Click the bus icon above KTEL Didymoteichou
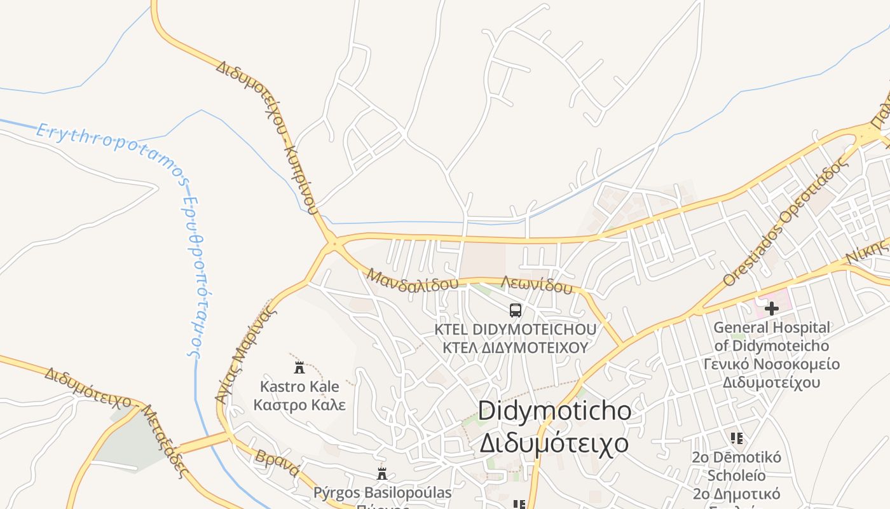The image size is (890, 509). click(x=516, y=310)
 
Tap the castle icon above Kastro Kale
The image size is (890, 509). click(x=299, y=367)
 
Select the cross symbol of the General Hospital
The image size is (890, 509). click(x=772, y=309)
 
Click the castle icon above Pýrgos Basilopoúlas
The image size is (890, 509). click(x=382, y=474)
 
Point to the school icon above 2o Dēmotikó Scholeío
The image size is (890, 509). click(x=737, y=438)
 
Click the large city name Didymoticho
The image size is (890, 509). click(x=554, y=411)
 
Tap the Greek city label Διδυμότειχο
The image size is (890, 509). click(x=554, y=443)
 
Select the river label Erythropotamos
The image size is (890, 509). click(x=112, y=151)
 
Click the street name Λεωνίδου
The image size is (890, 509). click(x=537, y=285)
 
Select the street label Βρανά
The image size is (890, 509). click(x=277, y=463)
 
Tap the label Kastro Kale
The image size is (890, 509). click(x=299, y=387)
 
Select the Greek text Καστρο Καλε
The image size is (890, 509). click(x=299, y=405)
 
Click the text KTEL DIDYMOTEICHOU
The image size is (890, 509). click(x=516, y=330)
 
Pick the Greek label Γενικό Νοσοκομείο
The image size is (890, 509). click(x=771, y=365)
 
